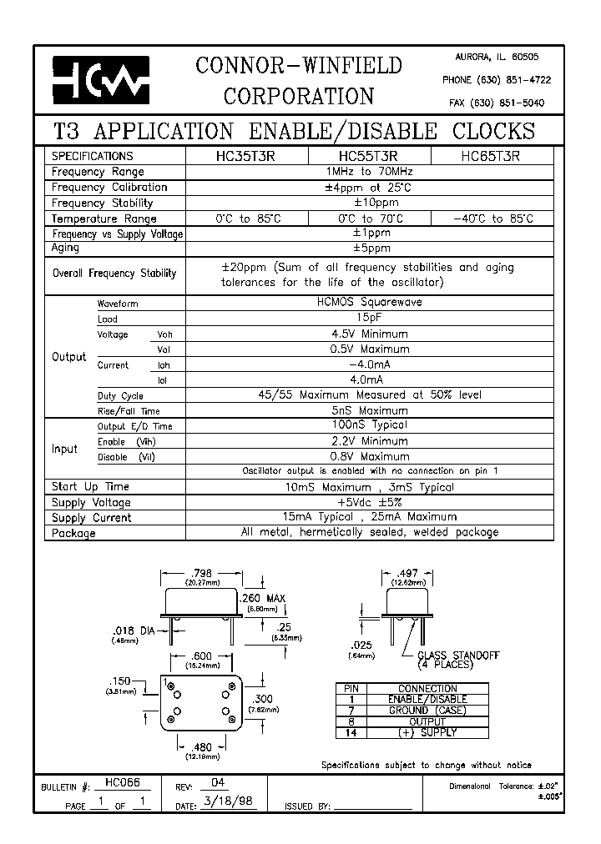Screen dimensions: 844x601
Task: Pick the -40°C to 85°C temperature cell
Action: tap(492, 219)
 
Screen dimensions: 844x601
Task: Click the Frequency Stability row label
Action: tap(103, 203)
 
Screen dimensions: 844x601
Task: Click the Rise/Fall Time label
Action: tap(129, 411)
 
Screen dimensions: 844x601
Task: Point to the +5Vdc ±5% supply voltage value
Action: tap(370, 502)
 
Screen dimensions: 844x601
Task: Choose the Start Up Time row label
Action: tap(90, 487)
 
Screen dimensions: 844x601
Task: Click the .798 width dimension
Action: tap(201, 573)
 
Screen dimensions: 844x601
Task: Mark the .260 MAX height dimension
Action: tap(263, 599)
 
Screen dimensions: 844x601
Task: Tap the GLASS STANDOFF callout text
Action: tap(457, 656)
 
